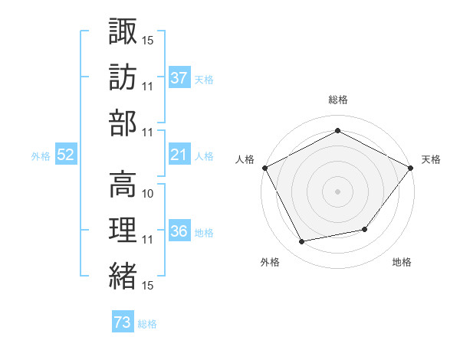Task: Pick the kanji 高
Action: (x=123, y=184)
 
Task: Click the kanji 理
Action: (x=123, y=231)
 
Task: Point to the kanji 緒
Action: (x=123, y=277)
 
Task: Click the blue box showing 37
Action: (x=179, y=77)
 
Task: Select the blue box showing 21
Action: (x=179, y=155)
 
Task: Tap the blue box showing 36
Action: (x=179, y=231)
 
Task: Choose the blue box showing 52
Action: (x=66, y=155)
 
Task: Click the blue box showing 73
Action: (x=123, y=323)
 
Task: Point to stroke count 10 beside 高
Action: (x=149, y=194)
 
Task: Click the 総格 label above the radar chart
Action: (x=337, y=100)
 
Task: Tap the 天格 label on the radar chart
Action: (x=431, y=159)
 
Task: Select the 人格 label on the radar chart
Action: (x=245, y=159)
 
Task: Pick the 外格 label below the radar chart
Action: (x=270, y=262)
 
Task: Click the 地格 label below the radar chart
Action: (x=402, y=262)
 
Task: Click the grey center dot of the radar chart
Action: (x=337, y=191)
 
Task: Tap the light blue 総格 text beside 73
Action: (x=147, y=324)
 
